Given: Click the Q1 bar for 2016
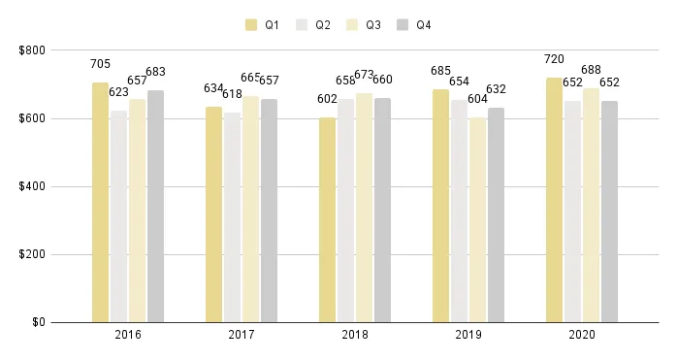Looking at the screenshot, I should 100,202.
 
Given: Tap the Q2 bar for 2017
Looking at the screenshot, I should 232,217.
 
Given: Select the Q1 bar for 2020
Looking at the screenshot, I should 554,200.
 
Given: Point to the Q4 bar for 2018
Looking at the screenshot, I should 382,210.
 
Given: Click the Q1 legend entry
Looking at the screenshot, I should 264,25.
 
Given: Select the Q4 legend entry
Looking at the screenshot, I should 415,25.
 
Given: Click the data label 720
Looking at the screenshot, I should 554,59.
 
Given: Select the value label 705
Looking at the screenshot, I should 100,64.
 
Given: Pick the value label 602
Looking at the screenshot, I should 327,99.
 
